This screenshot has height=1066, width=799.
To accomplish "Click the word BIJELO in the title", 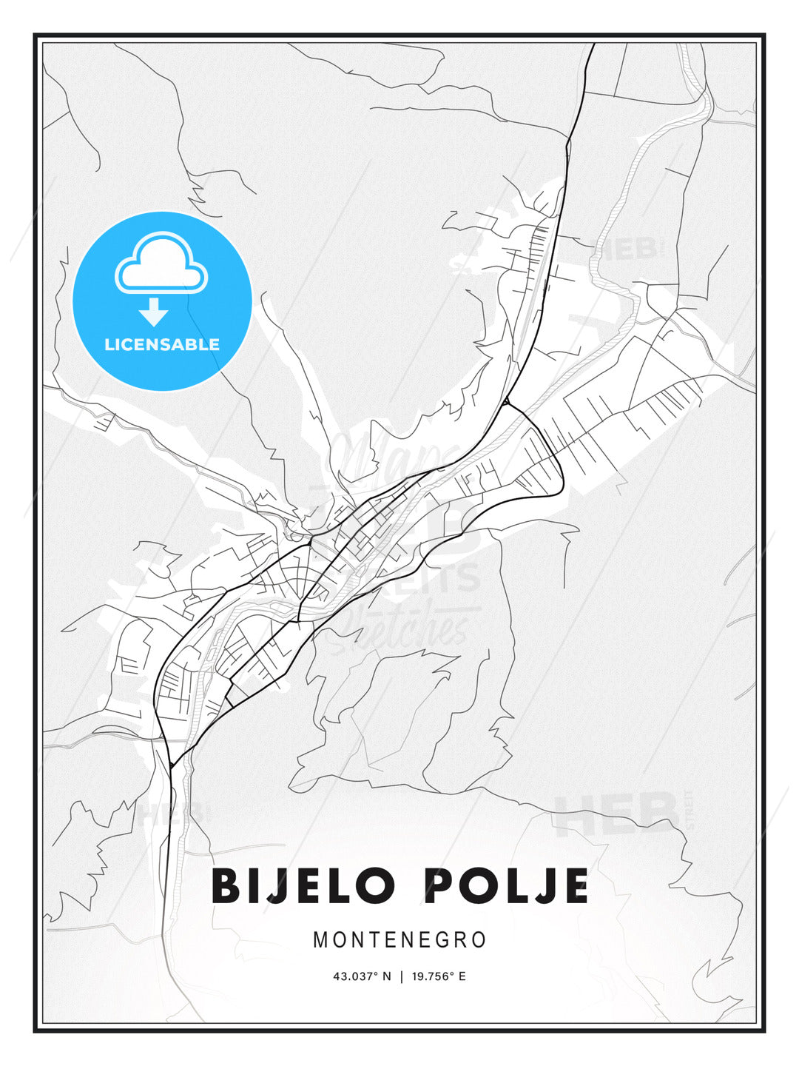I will [x=303, y=886].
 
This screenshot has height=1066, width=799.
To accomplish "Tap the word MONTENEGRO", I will [x=399, y=940].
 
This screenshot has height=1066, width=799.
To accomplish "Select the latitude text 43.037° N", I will [x=361, y=976].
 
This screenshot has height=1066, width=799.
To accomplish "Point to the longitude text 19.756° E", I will [x=439, y=976].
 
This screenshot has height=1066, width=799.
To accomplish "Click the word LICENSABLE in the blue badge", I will [x=162, y=344].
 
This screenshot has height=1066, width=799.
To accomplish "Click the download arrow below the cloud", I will [x=153, y=312].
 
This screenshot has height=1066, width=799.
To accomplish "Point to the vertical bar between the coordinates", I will [x=401, y=976].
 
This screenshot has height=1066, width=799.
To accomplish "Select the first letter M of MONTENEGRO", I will [x=320, y=940].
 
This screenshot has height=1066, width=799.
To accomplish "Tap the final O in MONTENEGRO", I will [x=479, y=940].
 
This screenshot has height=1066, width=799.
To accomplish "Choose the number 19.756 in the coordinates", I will [x=431, y=976].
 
